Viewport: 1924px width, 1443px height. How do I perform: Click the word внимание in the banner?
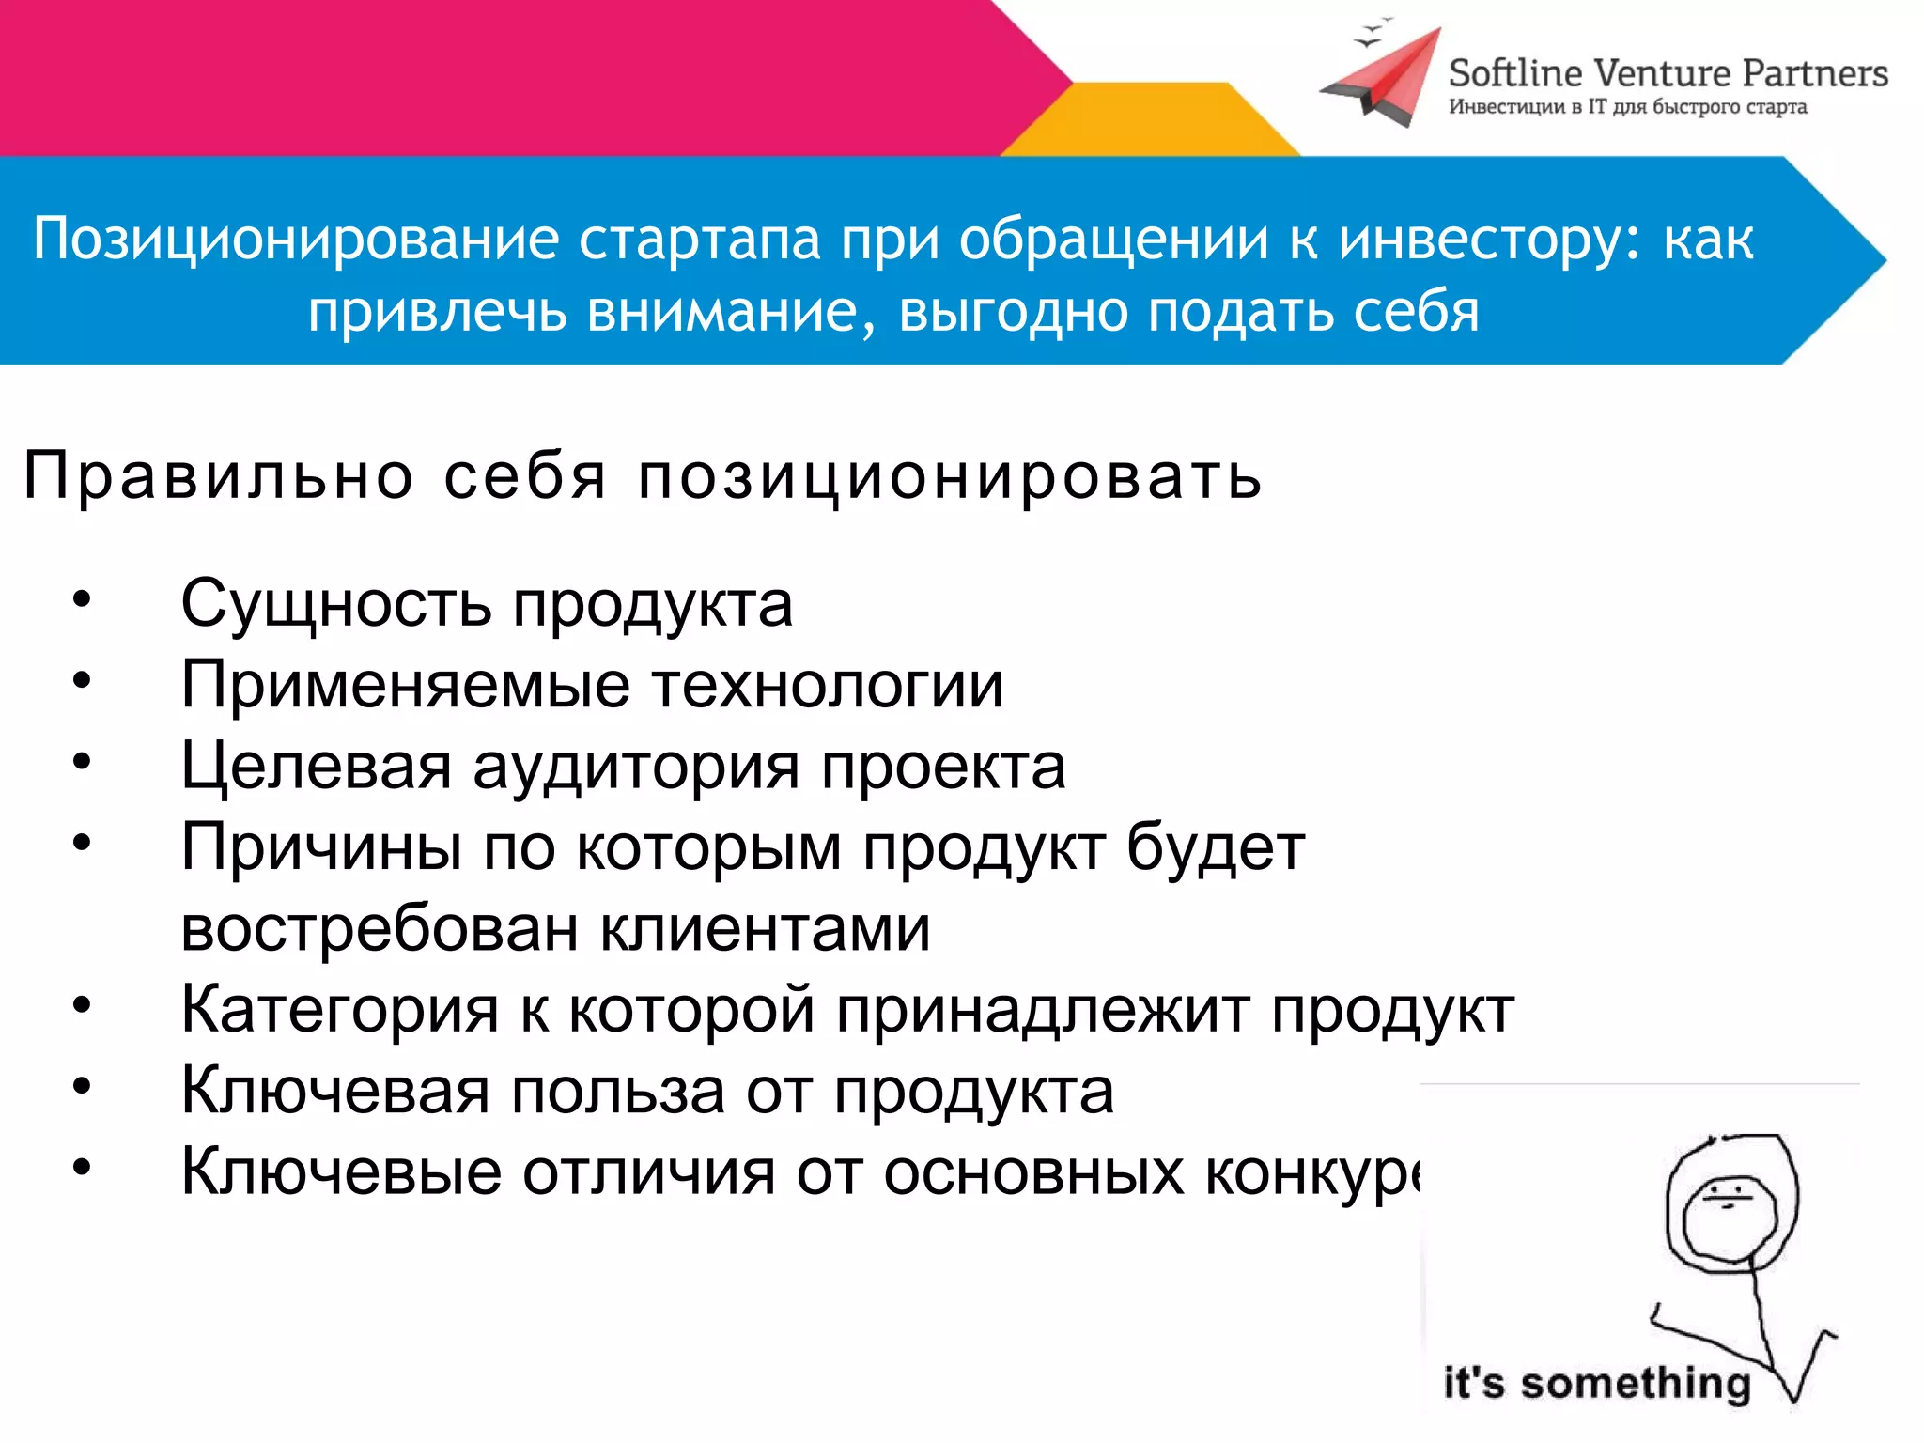(722, 312)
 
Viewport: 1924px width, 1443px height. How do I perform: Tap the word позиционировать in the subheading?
(950, 477)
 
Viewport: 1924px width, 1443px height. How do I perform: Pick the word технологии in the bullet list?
(828, 685)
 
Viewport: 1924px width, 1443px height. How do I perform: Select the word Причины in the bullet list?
(320, 847)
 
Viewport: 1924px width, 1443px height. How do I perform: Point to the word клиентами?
(765, 929)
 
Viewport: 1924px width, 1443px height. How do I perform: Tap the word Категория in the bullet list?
(339, 1011)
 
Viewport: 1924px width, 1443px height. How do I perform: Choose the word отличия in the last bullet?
(649, 1173)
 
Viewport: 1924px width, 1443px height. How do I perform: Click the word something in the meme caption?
(1636, 1383)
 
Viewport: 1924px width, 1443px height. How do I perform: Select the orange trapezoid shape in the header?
(1152, 120)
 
